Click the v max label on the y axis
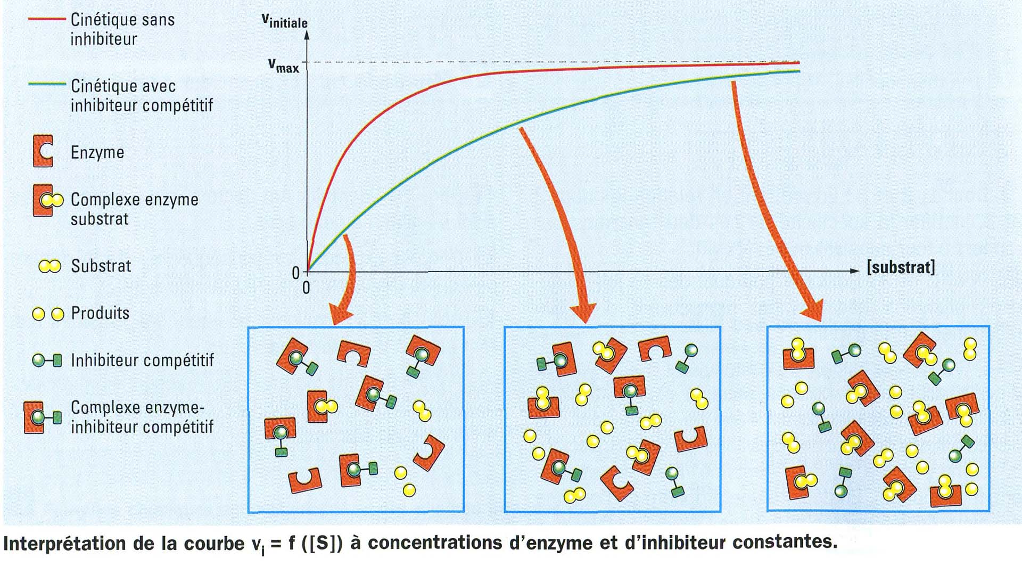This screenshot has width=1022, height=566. [x=284, y=66]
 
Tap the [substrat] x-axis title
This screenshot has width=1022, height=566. [x=901, y=267]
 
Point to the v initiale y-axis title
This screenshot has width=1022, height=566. [x=284, y=21]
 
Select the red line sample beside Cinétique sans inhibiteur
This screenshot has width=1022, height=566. [x=47, y=19]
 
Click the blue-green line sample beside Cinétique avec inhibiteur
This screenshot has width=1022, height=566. [x=47, y=84]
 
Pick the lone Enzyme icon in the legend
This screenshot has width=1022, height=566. [x=43, y=151]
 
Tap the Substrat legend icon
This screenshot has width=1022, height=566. [x=50, y=266]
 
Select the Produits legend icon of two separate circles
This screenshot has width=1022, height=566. [x=48, y=314]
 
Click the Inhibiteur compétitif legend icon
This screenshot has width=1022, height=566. [x=47, y=360]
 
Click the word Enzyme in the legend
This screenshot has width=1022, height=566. [x=97, y=153]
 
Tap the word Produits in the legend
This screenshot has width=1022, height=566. [x=100, y=313]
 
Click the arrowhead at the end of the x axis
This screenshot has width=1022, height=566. [x=854, y=271]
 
